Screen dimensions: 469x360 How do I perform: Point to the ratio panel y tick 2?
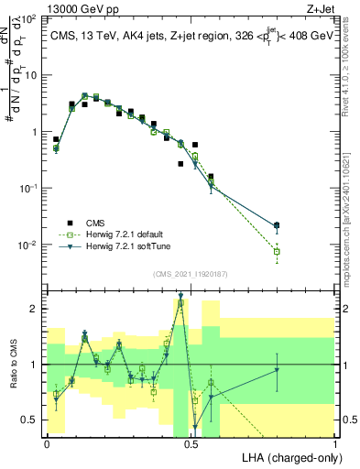(x=33, y=310)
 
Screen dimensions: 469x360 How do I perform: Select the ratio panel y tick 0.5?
(x=29, y=420)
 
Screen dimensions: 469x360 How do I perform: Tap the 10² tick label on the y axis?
(x=30, y=18)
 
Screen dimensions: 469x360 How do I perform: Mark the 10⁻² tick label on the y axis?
(x=29, y=245)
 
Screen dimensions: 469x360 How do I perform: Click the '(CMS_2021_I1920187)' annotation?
(x=191, y=272)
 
